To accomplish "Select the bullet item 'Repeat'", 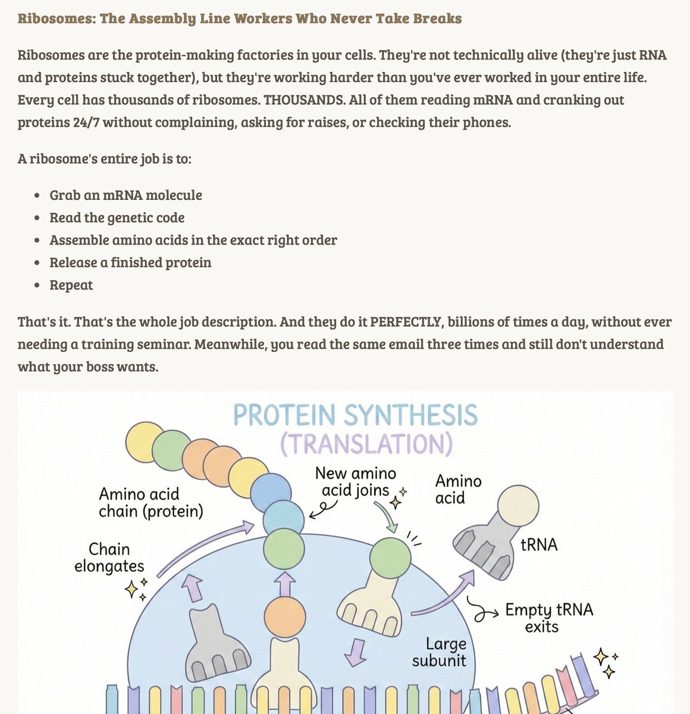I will [71, 285].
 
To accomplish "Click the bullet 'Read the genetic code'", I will [117, 218].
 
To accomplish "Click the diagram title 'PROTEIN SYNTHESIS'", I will [355, 415].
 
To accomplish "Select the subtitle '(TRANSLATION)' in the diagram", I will [366, 444].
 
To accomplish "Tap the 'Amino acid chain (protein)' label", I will [150, 503].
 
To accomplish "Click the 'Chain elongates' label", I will [109, 558].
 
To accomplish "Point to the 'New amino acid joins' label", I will [355, 482].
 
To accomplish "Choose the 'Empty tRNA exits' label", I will [548, 618].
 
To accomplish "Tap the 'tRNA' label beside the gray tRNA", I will [539, 544].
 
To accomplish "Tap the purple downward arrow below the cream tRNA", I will [355, 652].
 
